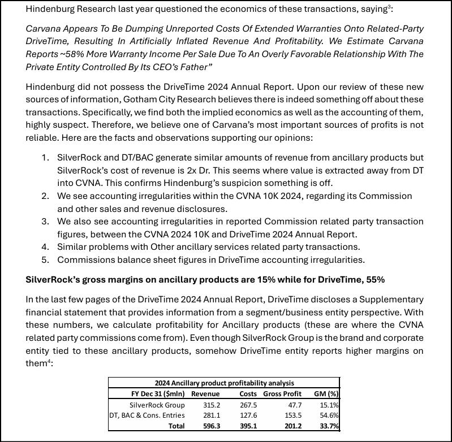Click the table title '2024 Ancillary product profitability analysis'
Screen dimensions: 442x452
pyautogui.click(x=225, y=383)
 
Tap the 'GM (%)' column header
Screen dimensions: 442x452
pyautogui.click(x=326, y=394)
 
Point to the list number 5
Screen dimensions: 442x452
pyautogui.click(x=45, y=260)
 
